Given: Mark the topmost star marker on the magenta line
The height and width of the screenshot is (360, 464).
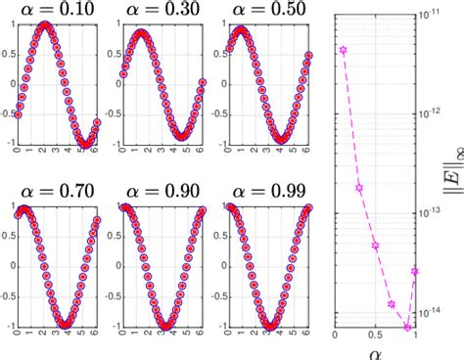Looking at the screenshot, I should pyautogui.click(x=343, y=50).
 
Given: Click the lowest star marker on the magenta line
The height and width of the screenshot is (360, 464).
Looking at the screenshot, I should pyautogui.click(x=407, y=327).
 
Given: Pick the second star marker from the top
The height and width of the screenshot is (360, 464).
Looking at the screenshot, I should pyautogui.click(x=359, y=188).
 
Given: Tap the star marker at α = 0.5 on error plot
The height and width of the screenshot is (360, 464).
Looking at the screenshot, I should pyautogui.click(x=375, y=246).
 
